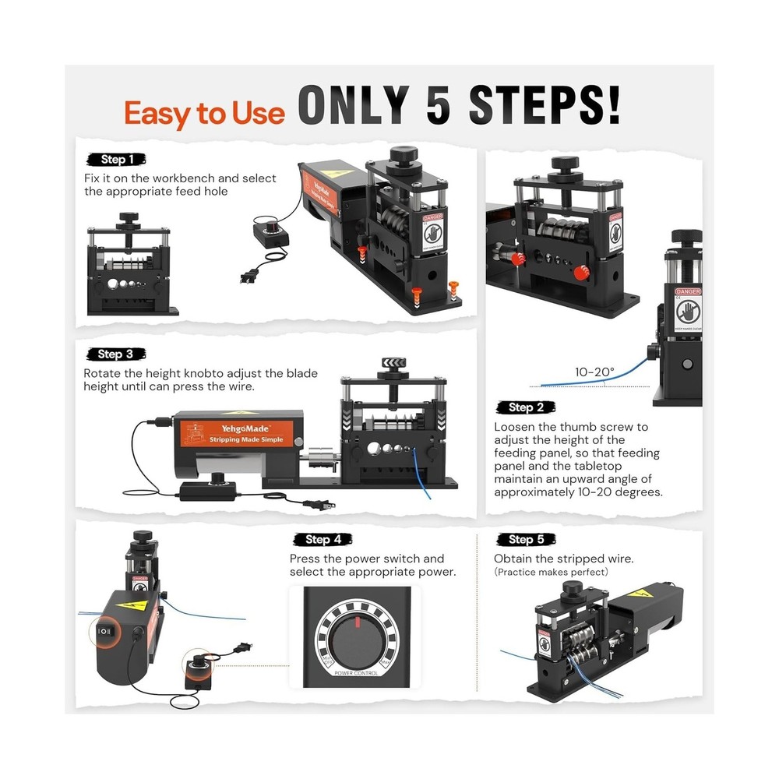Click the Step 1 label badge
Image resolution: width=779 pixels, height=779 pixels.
pos(116,160)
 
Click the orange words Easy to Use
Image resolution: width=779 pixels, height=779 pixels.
pos(205,114)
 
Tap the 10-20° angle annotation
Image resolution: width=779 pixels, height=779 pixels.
pos(594,372)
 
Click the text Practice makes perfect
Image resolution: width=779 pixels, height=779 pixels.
pos(551,573)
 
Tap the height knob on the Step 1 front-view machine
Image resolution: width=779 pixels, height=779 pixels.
pos(128,218)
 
